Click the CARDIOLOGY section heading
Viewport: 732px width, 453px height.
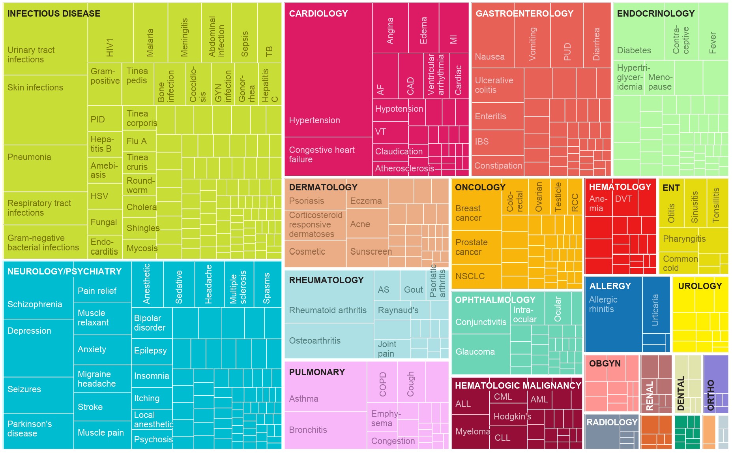[x=318, y=13]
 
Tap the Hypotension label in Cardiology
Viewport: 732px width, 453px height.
[x=399, y=109]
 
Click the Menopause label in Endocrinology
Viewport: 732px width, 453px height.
[x=660, y=82]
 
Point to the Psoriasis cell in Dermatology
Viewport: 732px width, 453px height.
[x=307, y=201]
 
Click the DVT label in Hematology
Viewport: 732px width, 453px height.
[x=623, y=199]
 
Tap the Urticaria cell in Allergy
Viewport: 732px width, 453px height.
[x=655, y=310]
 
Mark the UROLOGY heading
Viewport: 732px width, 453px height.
[x=700, y=286]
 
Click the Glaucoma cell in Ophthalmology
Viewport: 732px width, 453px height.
[x=475, y=351]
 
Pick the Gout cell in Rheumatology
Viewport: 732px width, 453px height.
[x=413, y=290]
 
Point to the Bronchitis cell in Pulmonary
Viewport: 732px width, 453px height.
[x=308, y=430]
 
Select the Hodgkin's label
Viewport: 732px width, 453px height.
[x=512, y=417]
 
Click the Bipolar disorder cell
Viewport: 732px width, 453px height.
[x=150, y=323]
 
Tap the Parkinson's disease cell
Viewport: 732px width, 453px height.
[x=30, y=429]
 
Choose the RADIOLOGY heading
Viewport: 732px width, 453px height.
[x=612, y=423]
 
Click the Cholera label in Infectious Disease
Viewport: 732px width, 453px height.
[x=141, y=207]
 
